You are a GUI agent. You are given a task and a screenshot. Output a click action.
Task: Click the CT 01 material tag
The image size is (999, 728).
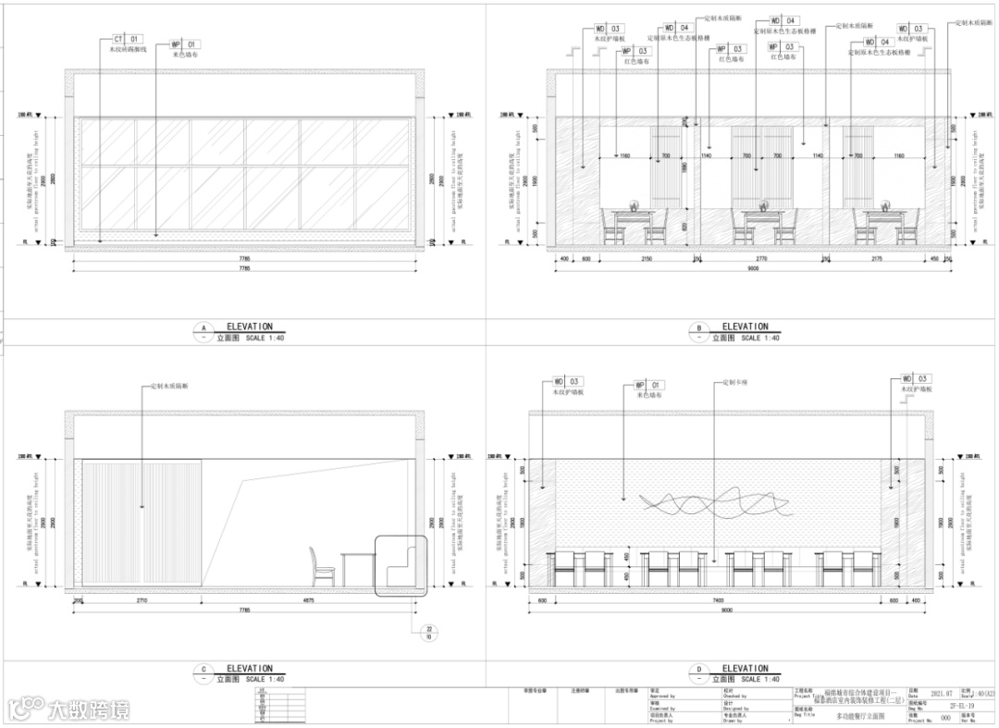pyautogui.click(x=128, y=39)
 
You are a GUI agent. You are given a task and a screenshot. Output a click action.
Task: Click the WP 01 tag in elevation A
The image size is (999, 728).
pyautogui.click(x=185, y=43)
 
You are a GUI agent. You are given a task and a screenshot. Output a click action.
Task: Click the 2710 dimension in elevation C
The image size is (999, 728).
pyautogui.click(x=141, y=600)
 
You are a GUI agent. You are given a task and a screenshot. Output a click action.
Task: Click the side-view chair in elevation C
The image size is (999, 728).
pyautogui.click(x=322, y=566)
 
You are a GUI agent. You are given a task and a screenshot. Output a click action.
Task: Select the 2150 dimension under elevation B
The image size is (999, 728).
pyautogui.click(x=647, y=260)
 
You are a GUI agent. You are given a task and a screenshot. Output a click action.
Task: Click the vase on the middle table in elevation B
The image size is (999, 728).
pyautogui.click(x=763, y=205)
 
